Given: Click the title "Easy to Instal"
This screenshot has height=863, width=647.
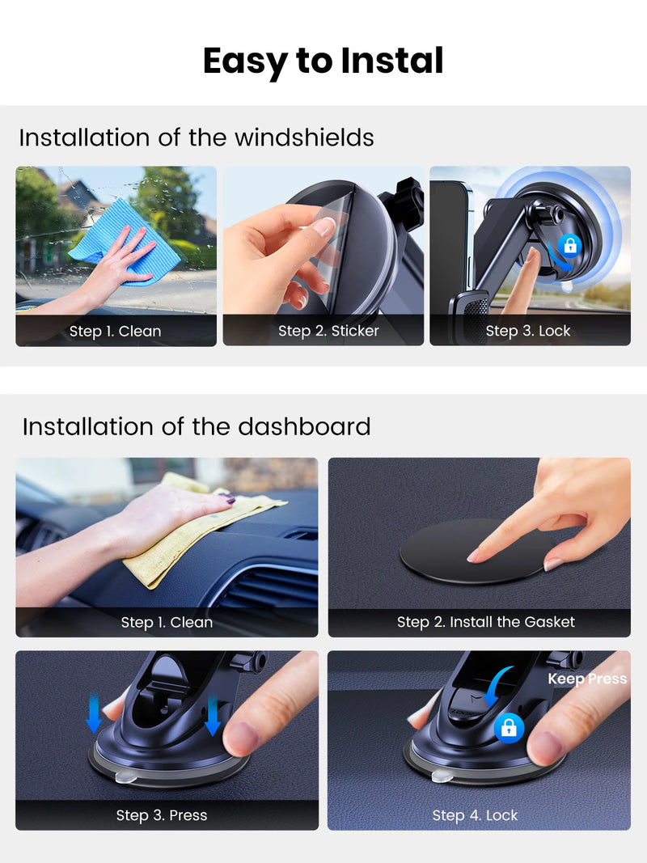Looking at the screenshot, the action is coord(323,61).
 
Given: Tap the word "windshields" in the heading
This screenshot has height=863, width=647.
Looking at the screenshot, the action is coord(304,137).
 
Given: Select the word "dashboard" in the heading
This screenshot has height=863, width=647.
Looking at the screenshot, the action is coord(304,426).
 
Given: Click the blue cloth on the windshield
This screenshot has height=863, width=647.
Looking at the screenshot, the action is coord(125,243).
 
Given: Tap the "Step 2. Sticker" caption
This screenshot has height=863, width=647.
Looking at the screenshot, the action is coord(328,331).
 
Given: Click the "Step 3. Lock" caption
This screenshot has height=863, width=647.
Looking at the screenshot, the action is coord(527,331).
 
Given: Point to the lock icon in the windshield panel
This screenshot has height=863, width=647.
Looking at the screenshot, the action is coord(570,245).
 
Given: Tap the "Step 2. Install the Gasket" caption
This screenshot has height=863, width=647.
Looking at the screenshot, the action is coord(486,622).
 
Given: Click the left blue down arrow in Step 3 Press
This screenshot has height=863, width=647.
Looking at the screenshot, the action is coord(94,714).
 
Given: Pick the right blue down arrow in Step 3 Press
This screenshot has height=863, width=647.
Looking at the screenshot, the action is coord(213,716).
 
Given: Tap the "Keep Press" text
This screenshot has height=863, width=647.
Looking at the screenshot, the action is coord(587,679).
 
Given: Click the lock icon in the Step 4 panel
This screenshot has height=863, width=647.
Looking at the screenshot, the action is coord(509,728).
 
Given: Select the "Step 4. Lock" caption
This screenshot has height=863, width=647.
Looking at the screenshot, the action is coord(475,815).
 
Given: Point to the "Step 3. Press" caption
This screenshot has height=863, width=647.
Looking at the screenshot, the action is coord(161,815).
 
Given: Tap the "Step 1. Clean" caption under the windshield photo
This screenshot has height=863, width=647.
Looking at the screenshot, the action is coord(115,332).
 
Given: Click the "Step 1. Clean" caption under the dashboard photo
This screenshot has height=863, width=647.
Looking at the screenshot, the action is coord(167,623).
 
